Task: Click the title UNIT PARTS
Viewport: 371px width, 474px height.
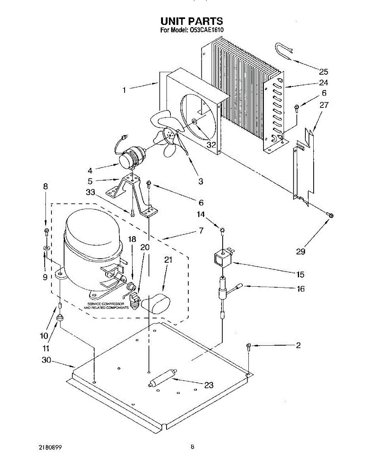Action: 191,21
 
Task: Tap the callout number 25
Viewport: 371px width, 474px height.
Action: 324,72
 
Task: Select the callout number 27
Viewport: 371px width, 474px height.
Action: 324,105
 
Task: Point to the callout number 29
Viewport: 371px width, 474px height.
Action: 301,251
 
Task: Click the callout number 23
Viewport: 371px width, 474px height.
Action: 208,385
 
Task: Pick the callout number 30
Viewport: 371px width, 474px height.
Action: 46,360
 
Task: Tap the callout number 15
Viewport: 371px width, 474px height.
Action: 300,274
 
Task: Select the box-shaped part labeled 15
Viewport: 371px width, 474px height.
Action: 223,258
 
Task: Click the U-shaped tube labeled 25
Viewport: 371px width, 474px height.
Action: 283,53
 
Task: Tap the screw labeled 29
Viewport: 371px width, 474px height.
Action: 329,214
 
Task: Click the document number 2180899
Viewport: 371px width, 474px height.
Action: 50,447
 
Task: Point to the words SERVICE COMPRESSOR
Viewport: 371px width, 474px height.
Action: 106,304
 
